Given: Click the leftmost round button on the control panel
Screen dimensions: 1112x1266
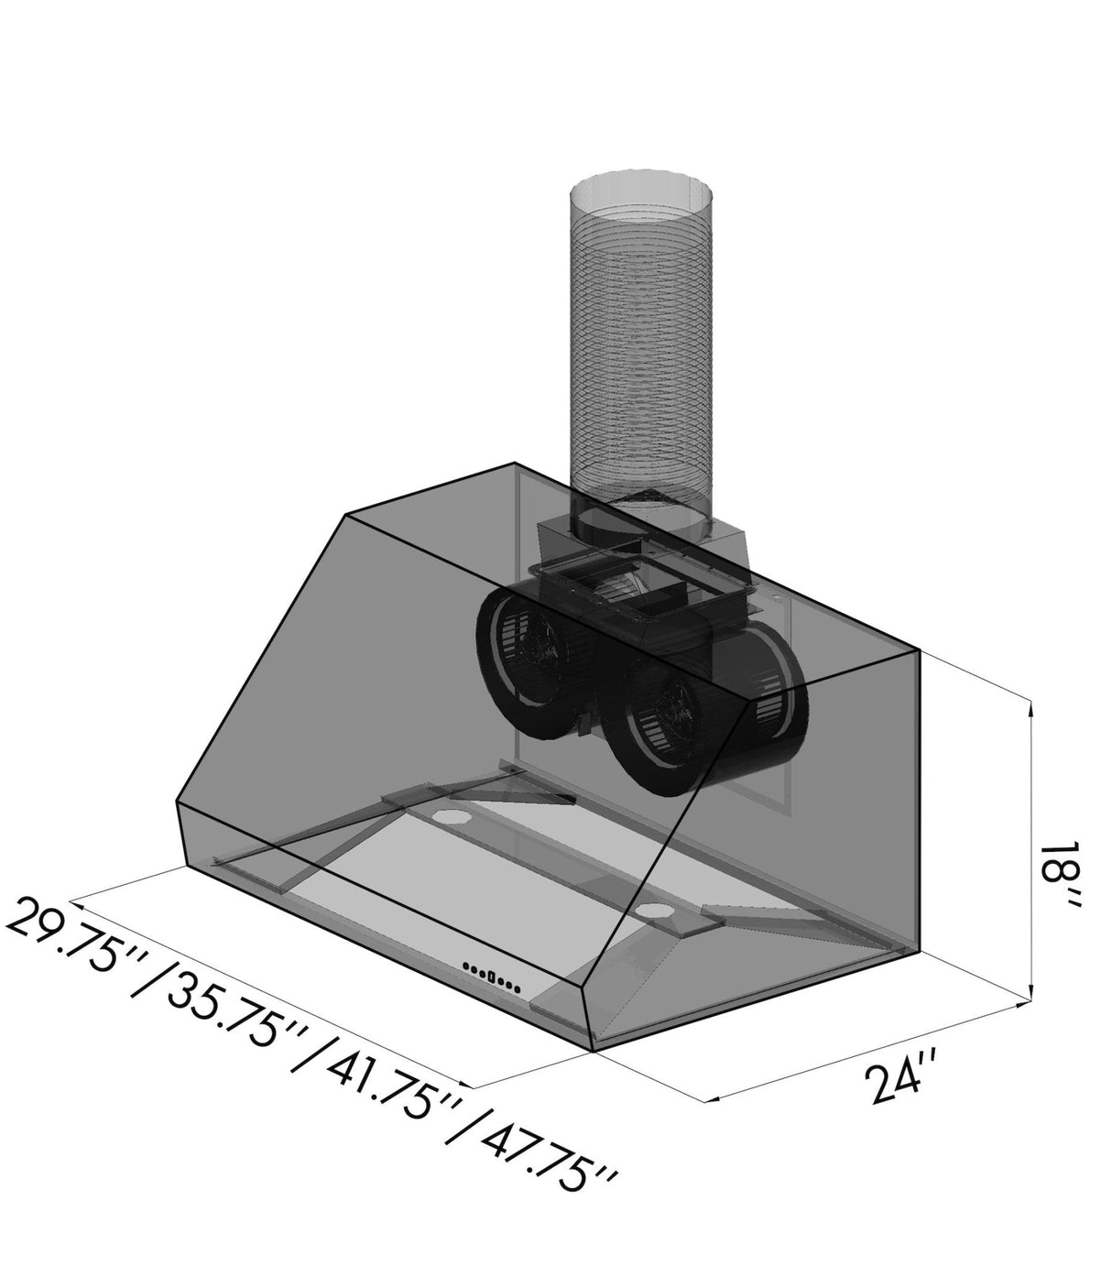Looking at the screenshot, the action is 466,966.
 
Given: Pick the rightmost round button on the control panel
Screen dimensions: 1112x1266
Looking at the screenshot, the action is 518,988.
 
